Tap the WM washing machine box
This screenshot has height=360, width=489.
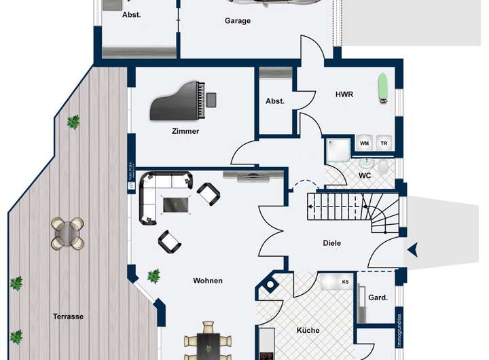[365, 143]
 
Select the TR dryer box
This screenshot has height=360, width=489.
[384, 143]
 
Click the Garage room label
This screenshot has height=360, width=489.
[238, 21]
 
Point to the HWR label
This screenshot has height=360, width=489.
[344, 94]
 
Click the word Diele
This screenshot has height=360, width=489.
[332, 243]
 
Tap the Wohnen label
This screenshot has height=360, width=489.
[208, 281]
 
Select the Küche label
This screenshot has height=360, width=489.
[308, 331]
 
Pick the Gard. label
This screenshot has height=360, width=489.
[378, 298]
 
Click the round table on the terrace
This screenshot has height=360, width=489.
[67, 233]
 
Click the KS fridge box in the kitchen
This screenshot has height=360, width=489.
[346, 281]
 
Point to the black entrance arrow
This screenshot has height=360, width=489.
[412, 251]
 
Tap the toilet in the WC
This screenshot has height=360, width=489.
[384, 166]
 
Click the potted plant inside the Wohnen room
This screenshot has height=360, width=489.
[154, 275]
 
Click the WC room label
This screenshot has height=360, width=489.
[365, 175]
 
